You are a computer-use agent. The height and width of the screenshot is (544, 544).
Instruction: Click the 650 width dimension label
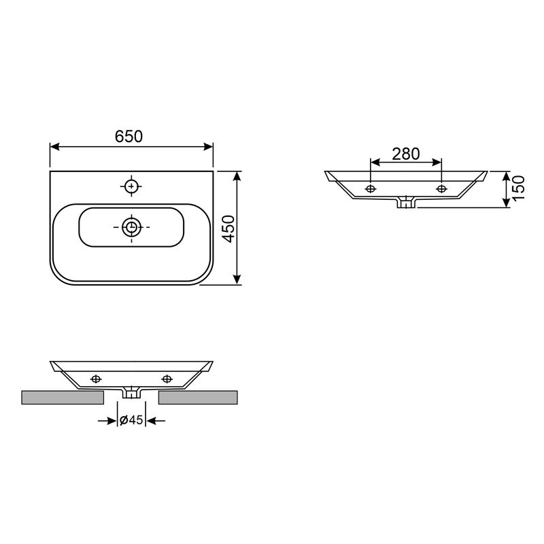(x=129, y=136)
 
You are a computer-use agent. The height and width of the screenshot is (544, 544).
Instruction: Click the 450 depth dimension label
(x=229, y=228)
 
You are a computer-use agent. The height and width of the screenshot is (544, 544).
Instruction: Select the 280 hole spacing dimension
(x=406, y=154)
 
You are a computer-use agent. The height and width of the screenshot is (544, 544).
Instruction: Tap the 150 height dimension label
(x=518, y=189)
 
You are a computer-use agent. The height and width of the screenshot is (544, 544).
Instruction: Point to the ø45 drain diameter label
(x=131, y=421)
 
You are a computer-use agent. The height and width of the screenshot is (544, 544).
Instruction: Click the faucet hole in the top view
(x=131, y=186)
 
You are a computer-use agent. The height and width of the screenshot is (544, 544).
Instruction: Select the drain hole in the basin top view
(x=131, y=227)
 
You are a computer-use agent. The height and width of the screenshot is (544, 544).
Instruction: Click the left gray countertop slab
(x=62, y=397)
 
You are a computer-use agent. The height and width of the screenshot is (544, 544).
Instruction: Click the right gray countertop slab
(x=198, y=397)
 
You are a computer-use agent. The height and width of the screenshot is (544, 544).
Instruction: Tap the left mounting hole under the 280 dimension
(x=371, y=188)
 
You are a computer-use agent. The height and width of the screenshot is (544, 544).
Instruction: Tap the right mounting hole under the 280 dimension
(x=442, y=188)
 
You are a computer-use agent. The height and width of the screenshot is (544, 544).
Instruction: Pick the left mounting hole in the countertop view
(x=96, y=378)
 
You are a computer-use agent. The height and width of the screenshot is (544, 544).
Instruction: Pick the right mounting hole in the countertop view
(x=167, y=378)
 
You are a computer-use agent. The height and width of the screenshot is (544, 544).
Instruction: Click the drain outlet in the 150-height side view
(x=406, y=202)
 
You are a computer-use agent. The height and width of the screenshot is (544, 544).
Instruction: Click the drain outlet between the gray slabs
(x=131, y=392)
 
